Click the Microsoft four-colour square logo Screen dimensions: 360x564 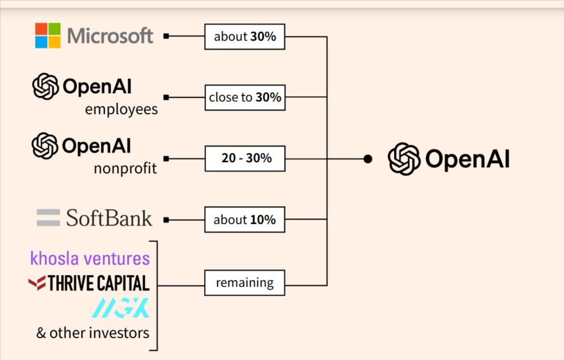point(48,35)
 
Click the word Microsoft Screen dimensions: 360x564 point(110,36)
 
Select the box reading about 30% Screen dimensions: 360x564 point(245,36)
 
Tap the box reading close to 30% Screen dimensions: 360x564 point(245,97)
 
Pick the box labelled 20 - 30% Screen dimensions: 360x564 point(245,158)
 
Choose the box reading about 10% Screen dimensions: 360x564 point(245,220)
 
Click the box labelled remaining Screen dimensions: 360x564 point(245,283)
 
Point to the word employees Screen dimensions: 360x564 point(121,109)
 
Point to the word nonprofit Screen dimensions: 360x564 point(125,169)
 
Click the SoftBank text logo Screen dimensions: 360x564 point(109,218)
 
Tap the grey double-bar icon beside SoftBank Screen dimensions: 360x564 point(48,218)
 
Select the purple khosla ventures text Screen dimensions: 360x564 point(90,258)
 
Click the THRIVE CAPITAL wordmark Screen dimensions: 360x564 point(98,283)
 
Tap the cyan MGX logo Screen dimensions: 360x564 point(120,308)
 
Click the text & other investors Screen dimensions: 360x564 point(93,333)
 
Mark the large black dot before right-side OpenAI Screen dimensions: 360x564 point(368,159)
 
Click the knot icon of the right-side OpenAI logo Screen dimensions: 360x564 point(404,159)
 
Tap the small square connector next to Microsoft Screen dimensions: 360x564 point(166,36)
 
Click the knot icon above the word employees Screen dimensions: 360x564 point(46,86)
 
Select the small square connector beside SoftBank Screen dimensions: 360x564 point(166,220)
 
